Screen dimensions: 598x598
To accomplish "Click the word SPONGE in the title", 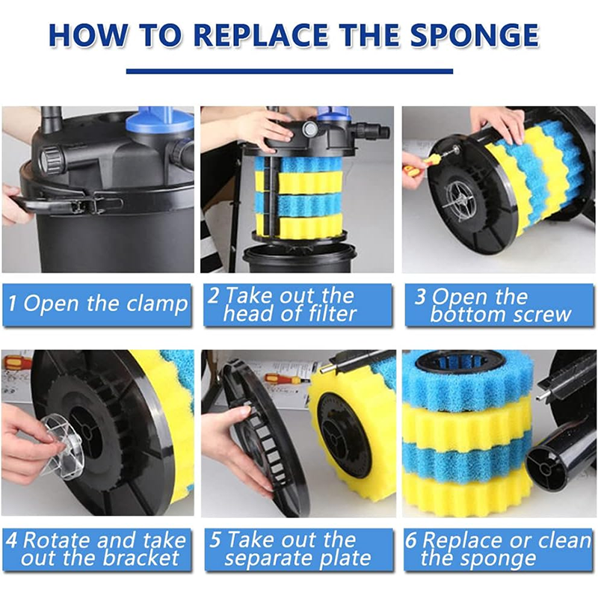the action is [x=475, y=35].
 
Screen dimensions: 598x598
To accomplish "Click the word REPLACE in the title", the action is [x=260, y=35].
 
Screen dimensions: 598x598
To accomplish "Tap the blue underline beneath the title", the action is [x=289, y=71].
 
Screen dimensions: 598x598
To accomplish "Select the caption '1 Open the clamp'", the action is [x=98, y=304].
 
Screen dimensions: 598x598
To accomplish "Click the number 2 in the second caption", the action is [x=214, y=295].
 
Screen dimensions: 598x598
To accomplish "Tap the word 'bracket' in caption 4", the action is [x=141, y=558].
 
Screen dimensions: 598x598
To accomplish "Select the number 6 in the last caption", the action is [x=410, y=540].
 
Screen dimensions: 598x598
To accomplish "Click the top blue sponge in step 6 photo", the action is [x=468, y=381].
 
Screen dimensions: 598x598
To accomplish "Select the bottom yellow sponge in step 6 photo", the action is [x=468, y=493].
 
